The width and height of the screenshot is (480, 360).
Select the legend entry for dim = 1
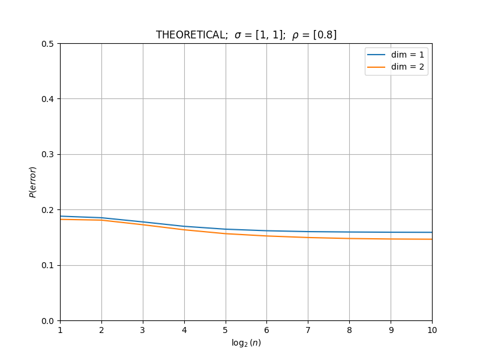click(x=396, y=55)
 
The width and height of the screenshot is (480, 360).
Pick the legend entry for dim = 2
click(x=396, y=67)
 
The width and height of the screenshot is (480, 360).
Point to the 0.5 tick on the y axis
click(x=47, y=44)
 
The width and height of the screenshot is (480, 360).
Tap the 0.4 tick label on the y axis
click(x=47, y=99)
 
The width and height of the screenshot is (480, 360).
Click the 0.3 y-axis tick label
click(x=47, y=154)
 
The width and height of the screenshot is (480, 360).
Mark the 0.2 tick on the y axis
click(x=47, y=210)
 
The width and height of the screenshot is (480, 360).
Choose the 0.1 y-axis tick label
click(x=47, y=265)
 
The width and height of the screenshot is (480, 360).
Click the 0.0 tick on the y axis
click(x=47, y=321)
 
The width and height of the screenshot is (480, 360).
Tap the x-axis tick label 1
click(x=61, y=330)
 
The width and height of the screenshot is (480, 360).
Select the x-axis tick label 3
click(x=143, y=330)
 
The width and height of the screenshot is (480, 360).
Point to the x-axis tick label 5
click(x=226, y=330)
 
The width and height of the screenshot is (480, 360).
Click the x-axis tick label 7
click(x=308, y=330)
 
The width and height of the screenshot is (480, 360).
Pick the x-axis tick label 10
click(x=432, y=330)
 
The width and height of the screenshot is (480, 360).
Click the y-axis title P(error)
click(x=33, y=182)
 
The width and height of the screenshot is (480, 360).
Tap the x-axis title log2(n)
click(x=246, y=343)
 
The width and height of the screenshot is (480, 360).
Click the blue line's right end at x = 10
click(x=432, y=232)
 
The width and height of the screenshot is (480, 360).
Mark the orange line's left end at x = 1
click(x=61, y=219)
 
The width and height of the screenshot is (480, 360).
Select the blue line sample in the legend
click(x=376, y=55)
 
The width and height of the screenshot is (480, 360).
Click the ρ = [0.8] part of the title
click(x=314, y=35)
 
